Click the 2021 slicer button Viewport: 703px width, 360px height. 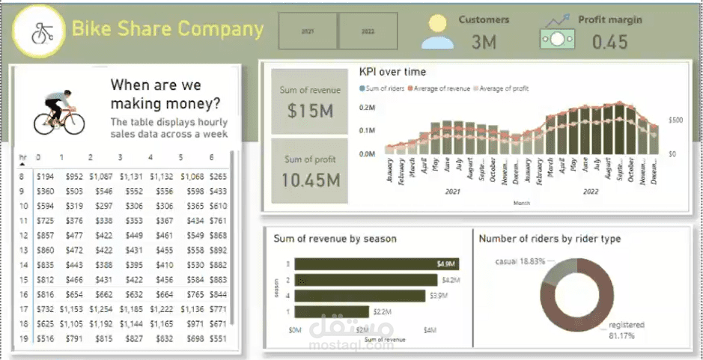coord(307,32)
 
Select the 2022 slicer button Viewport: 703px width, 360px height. coord(368,32)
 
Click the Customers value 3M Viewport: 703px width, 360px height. coord(484,42)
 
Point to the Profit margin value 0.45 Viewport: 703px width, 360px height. coord(609,42)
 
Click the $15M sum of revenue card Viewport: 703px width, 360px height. coord(309,110)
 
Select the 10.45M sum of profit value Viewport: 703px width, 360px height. coord(311,180)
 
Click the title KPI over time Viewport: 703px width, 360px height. coord(392,72)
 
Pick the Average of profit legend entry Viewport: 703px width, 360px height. coord(502,88)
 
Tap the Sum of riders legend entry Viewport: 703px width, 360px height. coord(385,88)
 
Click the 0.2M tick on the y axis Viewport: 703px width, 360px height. coord(367,108)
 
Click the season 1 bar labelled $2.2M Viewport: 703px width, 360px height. coord(332,311)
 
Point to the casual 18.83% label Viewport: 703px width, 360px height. coord(522,261)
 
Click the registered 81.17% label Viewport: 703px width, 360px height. coord(626,330)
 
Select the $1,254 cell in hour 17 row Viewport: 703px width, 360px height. coord(100,308)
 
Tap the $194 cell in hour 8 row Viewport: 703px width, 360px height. coord(46,177)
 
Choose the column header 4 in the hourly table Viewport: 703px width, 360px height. coord(150,157)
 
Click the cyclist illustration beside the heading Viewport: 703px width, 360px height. coord(61,112)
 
